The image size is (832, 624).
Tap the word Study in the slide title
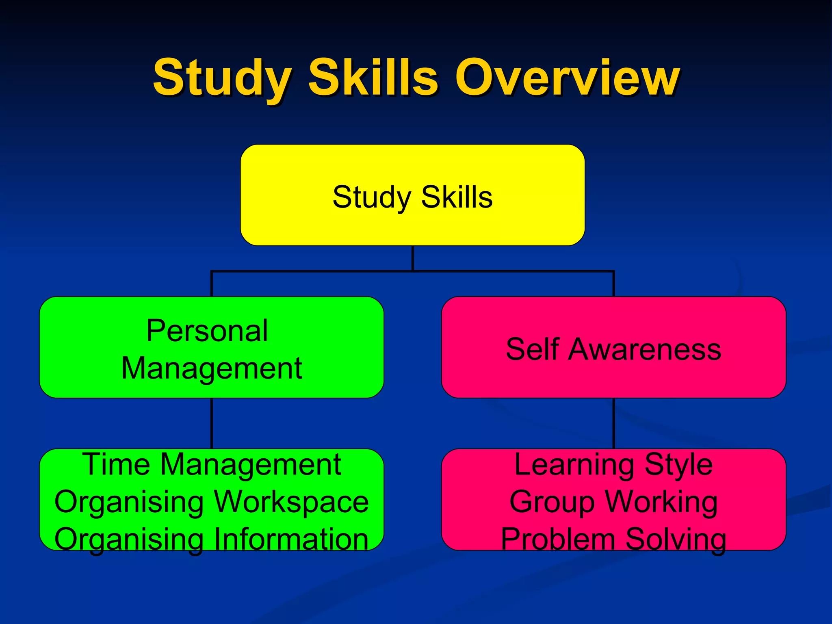click(221, 78)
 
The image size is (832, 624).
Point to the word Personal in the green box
click(207, 331)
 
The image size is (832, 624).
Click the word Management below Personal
click(212, 368)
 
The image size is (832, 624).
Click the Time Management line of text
click(212, 464)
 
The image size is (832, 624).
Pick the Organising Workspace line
click(212, 502)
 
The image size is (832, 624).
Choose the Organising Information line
click(212, 539)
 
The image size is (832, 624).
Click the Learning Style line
click(613, 464)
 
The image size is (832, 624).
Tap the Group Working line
click(613, 502)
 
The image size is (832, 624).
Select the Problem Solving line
click(613, 539)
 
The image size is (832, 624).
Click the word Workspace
click(291, 502)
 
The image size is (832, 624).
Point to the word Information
click(291, 539)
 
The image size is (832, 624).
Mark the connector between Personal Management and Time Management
click(212, 423)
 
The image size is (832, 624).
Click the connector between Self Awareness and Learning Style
click(613, 423)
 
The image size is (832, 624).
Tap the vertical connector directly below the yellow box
click(413, 258)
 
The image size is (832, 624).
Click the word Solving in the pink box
click(676, 539)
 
